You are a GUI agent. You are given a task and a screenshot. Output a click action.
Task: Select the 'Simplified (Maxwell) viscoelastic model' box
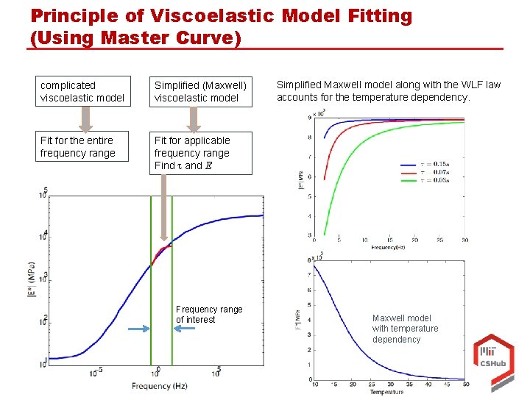[x=199, y=91]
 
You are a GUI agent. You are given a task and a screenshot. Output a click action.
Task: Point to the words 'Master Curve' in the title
[x=176, y=38]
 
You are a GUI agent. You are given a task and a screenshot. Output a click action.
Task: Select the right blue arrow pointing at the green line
[x=183, y=329]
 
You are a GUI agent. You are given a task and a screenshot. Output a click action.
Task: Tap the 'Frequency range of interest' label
[x=208, y=315]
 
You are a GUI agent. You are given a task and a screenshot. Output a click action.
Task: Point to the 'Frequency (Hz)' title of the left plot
[x=159, y=386]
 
